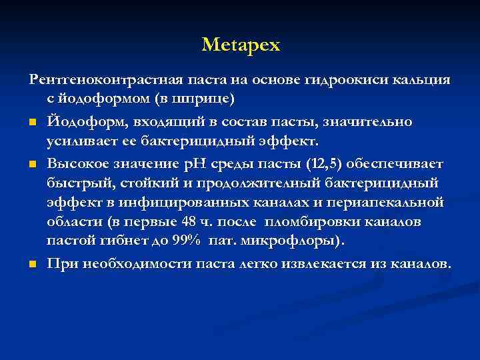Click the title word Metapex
pyautogui.click(x=241, y=45)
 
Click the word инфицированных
pyautogui.click(x=209, y=202)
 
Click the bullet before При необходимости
pyautogui.click(x=32, y=265)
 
